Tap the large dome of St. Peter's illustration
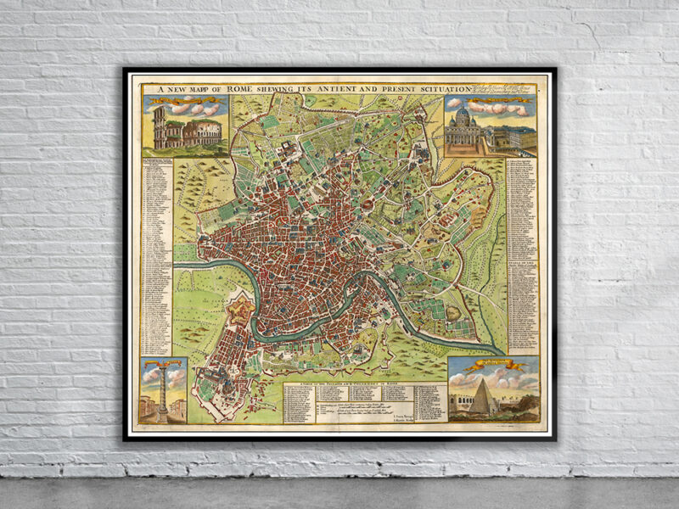[x=463, y=117]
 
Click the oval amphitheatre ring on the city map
[x=368, y=204]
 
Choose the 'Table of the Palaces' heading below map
[x=364, y=383]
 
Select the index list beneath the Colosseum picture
[x=158, y=255]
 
